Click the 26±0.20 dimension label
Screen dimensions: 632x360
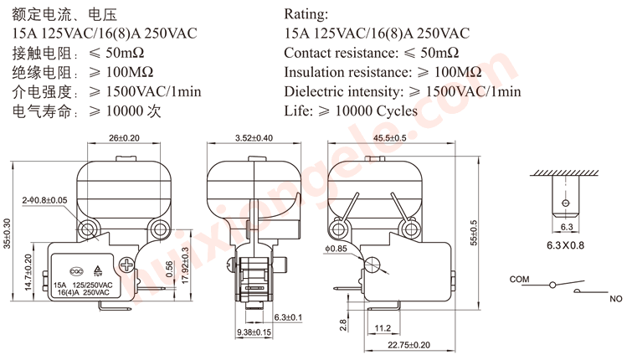tap(124, 138)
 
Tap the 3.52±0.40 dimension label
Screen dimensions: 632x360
tap(254, 138)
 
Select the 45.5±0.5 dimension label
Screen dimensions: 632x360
tap(390, 138)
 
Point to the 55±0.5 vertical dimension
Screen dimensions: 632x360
tap(474, 233)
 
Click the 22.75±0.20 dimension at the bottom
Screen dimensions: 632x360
tap(408, 345)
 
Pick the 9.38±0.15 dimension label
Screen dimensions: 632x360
tap(254, 332)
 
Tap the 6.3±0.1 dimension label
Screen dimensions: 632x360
tap(288, 317)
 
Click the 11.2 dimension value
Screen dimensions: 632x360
tap(383, 328)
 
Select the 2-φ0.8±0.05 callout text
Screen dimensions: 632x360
tap(44, 200)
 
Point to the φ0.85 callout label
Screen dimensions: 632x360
tap(337, 249)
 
